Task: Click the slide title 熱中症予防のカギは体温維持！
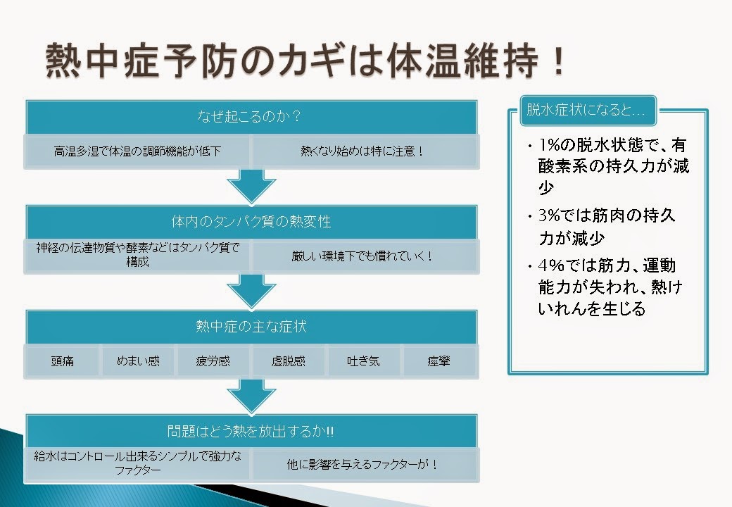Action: pos(305,64)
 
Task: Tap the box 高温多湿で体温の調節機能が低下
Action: pos(138,151)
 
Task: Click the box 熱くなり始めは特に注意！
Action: pos(363,151)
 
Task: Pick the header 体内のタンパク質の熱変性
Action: pos(251,221)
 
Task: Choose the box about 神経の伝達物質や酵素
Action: pos(138,255)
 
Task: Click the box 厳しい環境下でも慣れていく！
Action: pos(363,256)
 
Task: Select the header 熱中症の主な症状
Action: pos(251,327)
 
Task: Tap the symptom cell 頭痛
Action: pos(63,361)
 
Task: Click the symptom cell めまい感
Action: pos(138,361)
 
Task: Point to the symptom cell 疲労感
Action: pos(213,361)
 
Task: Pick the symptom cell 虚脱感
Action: pos(289,361)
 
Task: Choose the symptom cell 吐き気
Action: pos(364,361)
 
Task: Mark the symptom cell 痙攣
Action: pos(439,361)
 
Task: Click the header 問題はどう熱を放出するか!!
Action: pos(251,431)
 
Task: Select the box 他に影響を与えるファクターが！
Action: pos(363,465)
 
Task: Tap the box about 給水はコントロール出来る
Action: pos(138,463)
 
